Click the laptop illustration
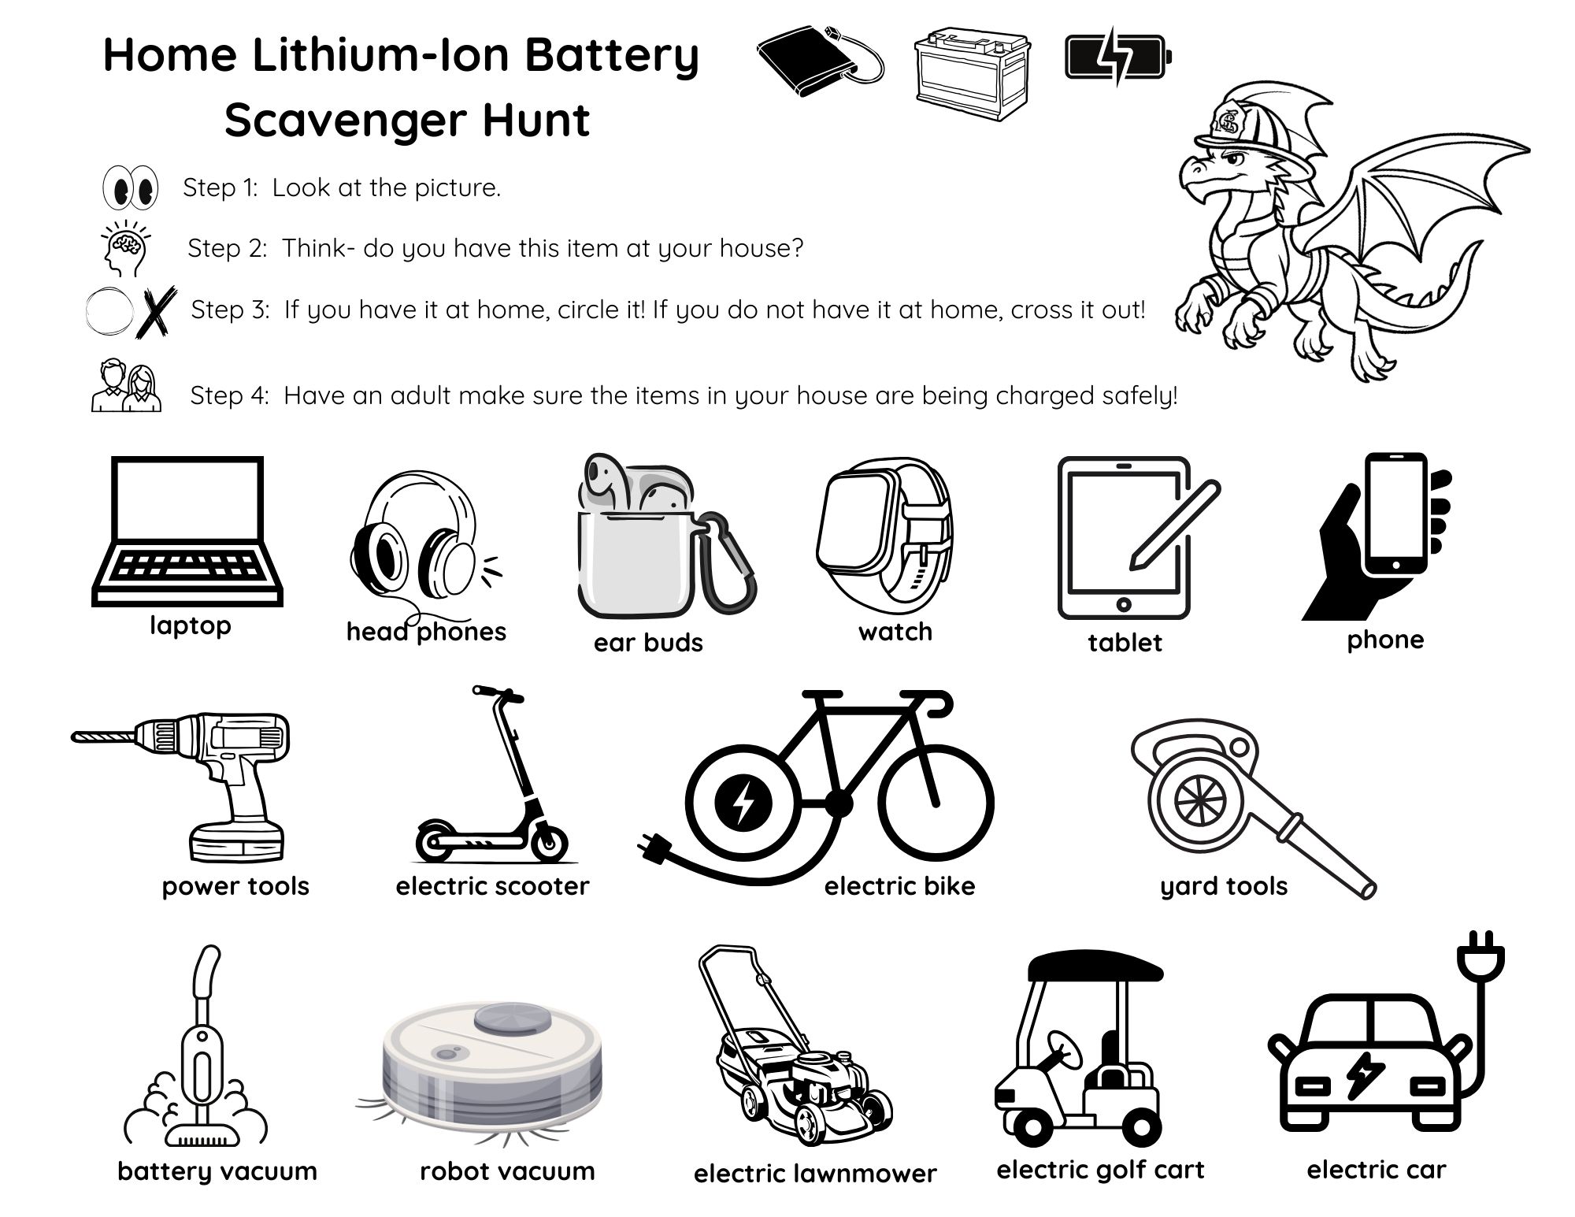[187, 531]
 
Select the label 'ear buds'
[648, 643]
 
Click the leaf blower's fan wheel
[1199, 800]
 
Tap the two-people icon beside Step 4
[126, 386]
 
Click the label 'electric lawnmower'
[815, 1174]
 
